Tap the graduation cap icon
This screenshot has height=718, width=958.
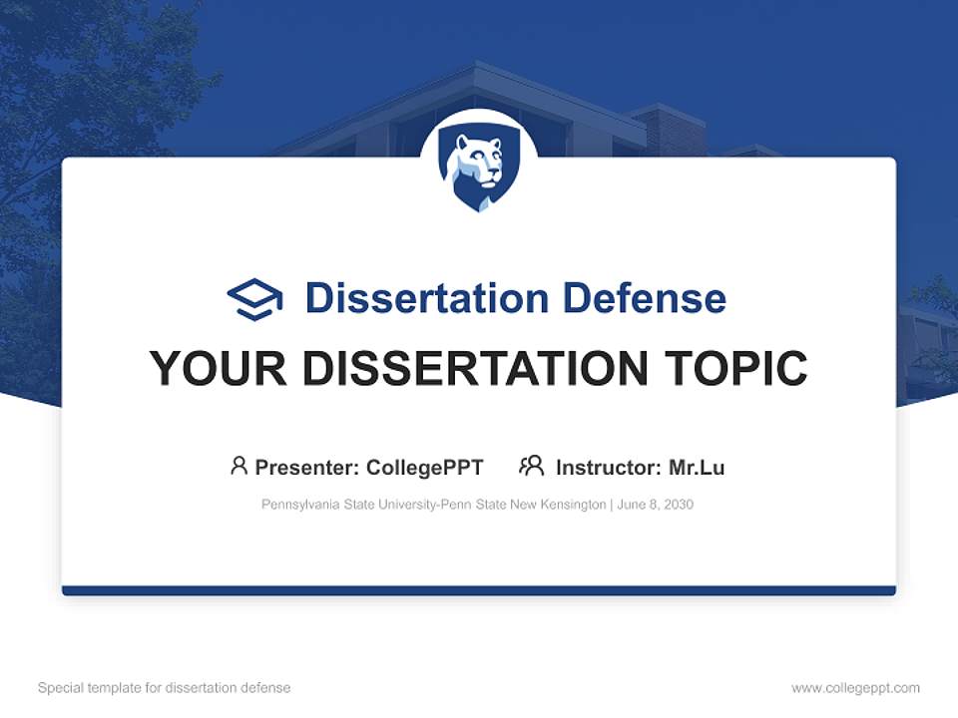click(254, 298)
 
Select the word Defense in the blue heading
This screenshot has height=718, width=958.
click(644, 298)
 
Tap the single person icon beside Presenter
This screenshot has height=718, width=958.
click(239, 466)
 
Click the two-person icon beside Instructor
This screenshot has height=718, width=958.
click(531, 466)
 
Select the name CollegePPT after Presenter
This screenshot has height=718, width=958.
click(425, 468)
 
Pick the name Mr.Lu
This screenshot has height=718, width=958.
click(697, 468)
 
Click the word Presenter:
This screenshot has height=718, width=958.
click(307, 468)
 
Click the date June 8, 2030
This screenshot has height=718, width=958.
click(656, 505)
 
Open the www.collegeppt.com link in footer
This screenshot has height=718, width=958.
click(855, 688)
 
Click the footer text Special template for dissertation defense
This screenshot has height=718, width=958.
click(164, 688)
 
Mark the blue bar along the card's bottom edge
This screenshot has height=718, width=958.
click(479, 590)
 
